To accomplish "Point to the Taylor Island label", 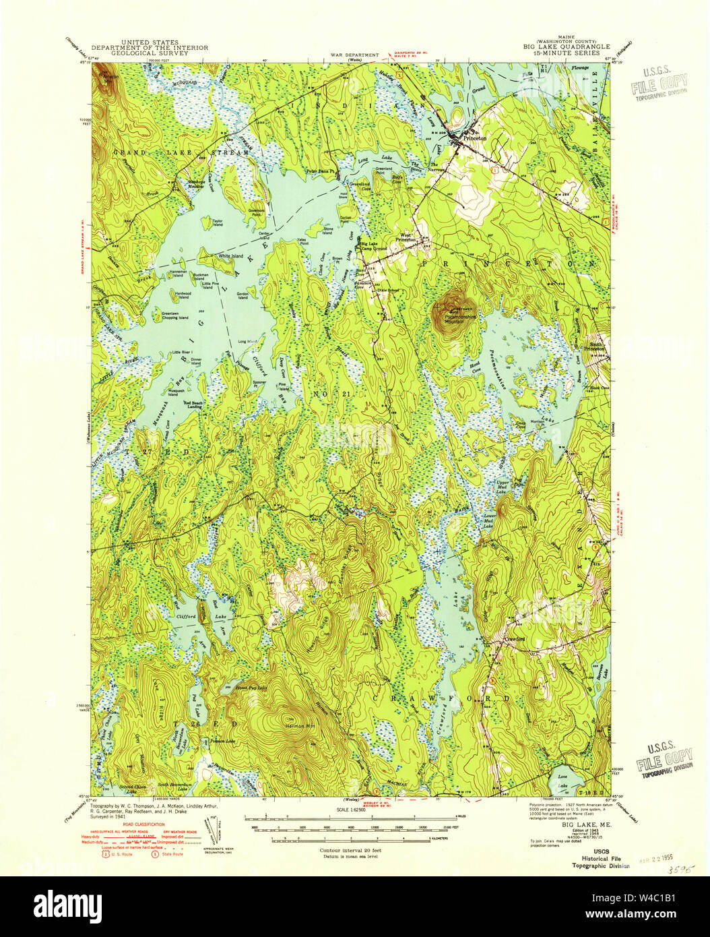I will coord(217,222).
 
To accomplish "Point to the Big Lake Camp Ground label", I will coord(375,245).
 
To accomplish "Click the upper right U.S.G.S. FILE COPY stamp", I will coord(661,82).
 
